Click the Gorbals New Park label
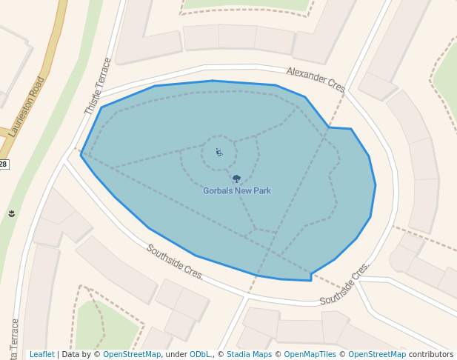click(x=237, y=191)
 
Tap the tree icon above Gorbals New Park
click(x=236, y=179)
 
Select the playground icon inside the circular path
click(x=219, y=153)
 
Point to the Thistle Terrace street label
click(x=98, y=86)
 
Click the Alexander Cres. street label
click(x=316, y=79)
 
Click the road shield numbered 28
click(x=3, y=164)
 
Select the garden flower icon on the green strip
click(x=12, y=213)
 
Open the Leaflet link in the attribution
click(x=41, y=355)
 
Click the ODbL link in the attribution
click(x=199, y=355)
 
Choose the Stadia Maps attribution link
click(x=249, y=355)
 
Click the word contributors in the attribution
click(x=431, y=355)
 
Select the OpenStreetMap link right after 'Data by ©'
click(x=132, y=355)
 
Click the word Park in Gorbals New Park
click(x=261, y=191)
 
